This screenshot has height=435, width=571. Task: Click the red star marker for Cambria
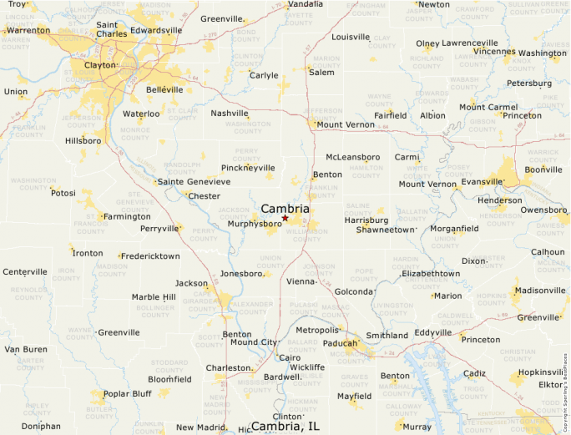(285, 218)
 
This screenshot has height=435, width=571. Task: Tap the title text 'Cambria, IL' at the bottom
(285, 426)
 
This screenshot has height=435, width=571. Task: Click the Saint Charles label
(112, 29)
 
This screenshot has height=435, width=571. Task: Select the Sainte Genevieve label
(194, 181)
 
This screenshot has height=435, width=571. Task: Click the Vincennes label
(494, 51)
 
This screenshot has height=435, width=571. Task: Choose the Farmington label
(127, 216)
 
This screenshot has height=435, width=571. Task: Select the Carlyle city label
(264, 75)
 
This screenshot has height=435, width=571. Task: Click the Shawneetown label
(386, 229)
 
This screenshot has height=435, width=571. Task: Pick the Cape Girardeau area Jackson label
(191, 283)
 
